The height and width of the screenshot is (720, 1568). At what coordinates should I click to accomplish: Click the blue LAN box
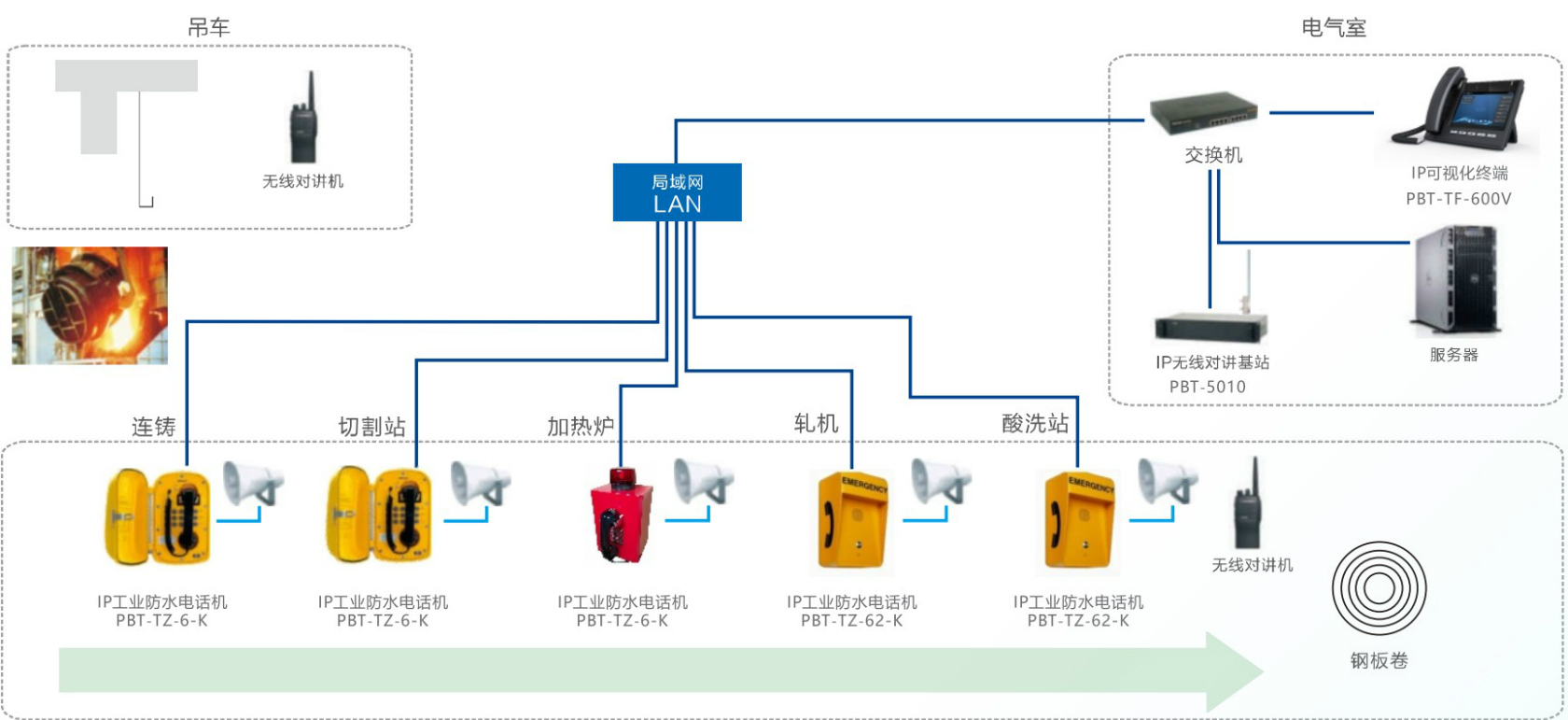click(677, 192)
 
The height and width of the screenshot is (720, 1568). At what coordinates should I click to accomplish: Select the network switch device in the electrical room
click(1202, 112)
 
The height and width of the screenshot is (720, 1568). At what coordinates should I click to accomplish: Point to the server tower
click(1457, 280)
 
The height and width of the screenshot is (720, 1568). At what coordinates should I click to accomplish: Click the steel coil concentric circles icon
click(1379, 588)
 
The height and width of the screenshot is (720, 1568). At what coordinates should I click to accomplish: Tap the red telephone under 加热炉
click(621, 518)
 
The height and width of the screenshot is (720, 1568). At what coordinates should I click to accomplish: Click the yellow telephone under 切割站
click(381, 516)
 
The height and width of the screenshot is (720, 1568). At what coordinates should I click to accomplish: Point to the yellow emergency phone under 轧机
click(851, 520)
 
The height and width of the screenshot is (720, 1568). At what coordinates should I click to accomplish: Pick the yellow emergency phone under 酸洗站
click(1078, 520)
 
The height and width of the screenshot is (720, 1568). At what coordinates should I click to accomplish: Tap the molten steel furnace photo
click(90, 305)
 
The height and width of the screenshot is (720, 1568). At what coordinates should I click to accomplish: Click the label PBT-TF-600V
click(1458, 199)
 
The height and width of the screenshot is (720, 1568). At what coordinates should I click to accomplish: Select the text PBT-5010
click(1207, 387)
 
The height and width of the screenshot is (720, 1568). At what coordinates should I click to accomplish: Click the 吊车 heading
click(208, 28)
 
